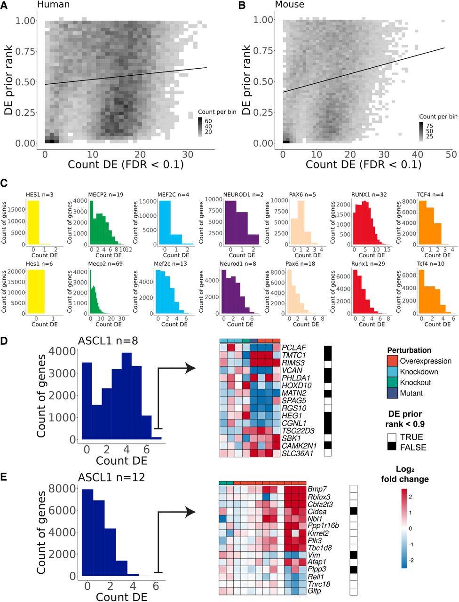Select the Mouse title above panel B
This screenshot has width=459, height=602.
290,5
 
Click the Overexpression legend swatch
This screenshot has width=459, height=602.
393,361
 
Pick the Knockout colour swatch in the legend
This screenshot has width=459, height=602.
393,382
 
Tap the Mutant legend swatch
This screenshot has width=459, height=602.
393,393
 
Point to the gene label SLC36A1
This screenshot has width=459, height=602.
297,453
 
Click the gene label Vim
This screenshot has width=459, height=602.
314,555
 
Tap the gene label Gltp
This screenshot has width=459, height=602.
314,591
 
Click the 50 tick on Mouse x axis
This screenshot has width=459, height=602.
451,154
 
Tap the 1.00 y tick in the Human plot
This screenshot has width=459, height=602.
26,21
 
